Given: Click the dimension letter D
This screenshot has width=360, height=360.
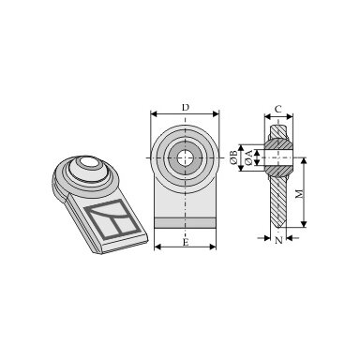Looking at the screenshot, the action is coord(186,108).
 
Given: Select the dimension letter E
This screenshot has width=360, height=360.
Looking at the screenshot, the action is coord(186,242).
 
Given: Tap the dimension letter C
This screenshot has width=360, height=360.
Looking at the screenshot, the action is coord(278,109).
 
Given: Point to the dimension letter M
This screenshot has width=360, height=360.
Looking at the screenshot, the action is coord(299,194).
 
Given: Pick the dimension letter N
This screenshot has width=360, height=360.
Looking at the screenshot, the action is coord(278,240).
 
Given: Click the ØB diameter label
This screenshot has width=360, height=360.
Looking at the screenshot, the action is coord(233,157).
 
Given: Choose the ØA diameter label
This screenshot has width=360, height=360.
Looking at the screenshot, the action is coord(249,157).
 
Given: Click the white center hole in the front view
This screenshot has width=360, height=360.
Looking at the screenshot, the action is coord(185,157).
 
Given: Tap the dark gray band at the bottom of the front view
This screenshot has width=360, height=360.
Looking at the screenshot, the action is coord(185,223).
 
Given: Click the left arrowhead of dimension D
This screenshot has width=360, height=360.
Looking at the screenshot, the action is coord(154,113).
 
